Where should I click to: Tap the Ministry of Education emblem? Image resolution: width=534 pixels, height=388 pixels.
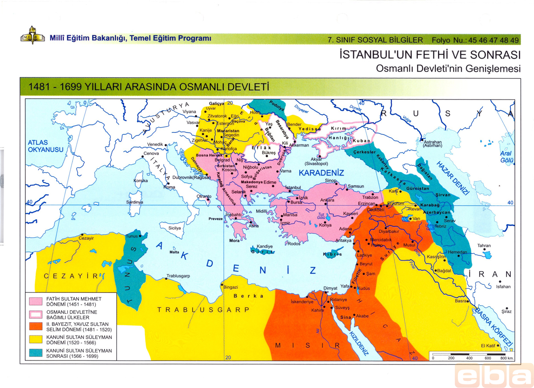pyautogui.click(x=32, y=39)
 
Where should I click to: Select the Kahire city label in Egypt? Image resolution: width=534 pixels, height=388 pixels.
pyautogui.click(x=317, y=310)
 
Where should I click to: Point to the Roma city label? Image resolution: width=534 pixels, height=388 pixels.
pyautogui.click(x=170, y=187)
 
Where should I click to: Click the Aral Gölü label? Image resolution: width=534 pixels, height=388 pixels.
pyautogui.click(x=506, y=157)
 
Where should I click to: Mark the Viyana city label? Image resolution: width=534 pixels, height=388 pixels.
pyautogui.click(x=189, y=112)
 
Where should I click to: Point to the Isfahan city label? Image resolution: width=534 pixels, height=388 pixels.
pyautogui.click(x=503, y=287)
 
